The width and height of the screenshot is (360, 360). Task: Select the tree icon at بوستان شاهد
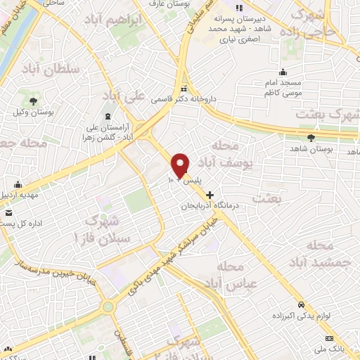pyautogui.click(x=311, y=136)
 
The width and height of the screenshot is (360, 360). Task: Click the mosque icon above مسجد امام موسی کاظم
pyautogui.click(x=283, y=72)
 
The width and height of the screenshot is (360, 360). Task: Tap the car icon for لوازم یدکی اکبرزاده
pyautogui.click(x=302, y=305)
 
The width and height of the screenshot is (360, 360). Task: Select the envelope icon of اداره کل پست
pyautogui.click(x=8, y=213)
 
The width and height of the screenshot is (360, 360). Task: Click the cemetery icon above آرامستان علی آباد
pyautogui.click(x=107, y=116)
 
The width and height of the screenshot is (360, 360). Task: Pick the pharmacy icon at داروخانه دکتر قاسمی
pyautogui.click(x=184, y=89)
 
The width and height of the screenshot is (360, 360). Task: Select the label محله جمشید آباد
pyautogui.click(x=326, y=254)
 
